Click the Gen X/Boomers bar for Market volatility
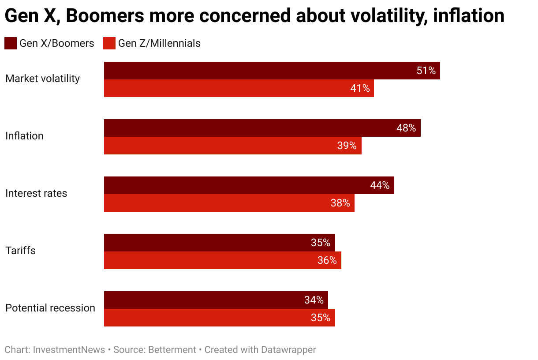pyautogui.click(x=265, y=71)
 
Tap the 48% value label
pyautogui.click(x=406, y=128)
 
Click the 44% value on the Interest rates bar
pyautogui.click(x=380, y=185)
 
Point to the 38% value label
pyautogui.click(x=340, y=203)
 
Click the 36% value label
pyautogui.click(x=327, y=260)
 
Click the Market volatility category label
pyautogui.click(x=42, y=79)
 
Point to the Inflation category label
pyautogui.click(x=24, y=136)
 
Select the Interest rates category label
pyautogui.click(x=36, y=193)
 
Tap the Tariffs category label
pyautogui.click(x=20, y=251)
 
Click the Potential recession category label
pyautogui.click(x=50, y=308)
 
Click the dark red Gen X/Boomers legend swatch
pyautogui.click(x=11, y=43)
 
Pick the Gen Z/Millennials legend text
pyautogui.click(x=159, y=43)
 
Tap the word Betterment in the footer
pyautogui.click(x=172, y=350)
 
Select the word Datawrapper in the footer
pyautogui.click(x=288, y=350)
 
